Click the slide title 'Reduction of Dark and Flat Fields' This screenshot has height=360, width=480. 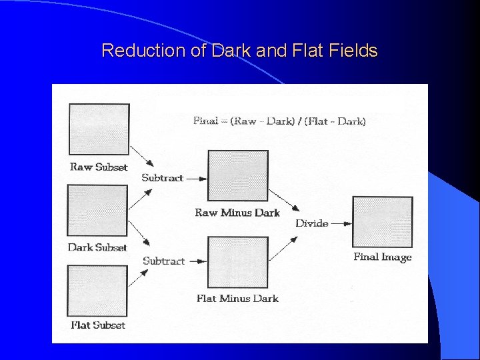[x=239, y=51]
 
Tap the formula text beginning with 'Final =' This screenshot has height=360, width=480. [x=279, y=121]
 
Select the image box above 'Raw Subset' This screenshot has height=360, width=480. [x=99, y=129]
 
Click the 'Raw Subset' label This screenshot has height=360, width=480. [x=99, y=167]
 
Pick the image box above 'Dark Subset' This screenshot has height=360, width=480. [x=97, y=211]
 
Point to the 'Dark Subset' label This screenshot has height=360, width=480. [x=97, y=247]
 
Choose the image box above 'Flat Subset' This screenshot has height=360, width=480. [x=97, y=291]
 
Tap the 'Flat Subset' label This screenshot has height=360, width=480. [x=98, y=325]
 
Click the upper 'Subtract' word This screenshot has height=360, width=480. [x=163, y=178]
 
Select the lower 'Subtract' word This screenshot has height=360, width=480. [x=163, y=261]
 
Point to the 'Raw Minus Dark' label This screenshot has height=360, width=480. [x=237, y=213]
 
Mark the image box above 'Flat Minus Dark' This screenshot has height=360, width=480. [x=238, y=262]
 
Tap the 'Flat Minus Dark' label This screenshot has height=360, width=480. [x=237, y=298]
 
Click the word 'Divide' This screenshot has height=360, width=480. [x=312, y=223]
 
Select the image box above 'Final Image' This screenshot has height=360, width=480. [x=382, y=222]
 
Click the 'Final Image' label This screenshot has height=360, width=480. [x=383, y=257]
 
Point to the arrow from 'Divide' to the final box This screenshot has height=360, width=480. [x=341, y=223]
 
